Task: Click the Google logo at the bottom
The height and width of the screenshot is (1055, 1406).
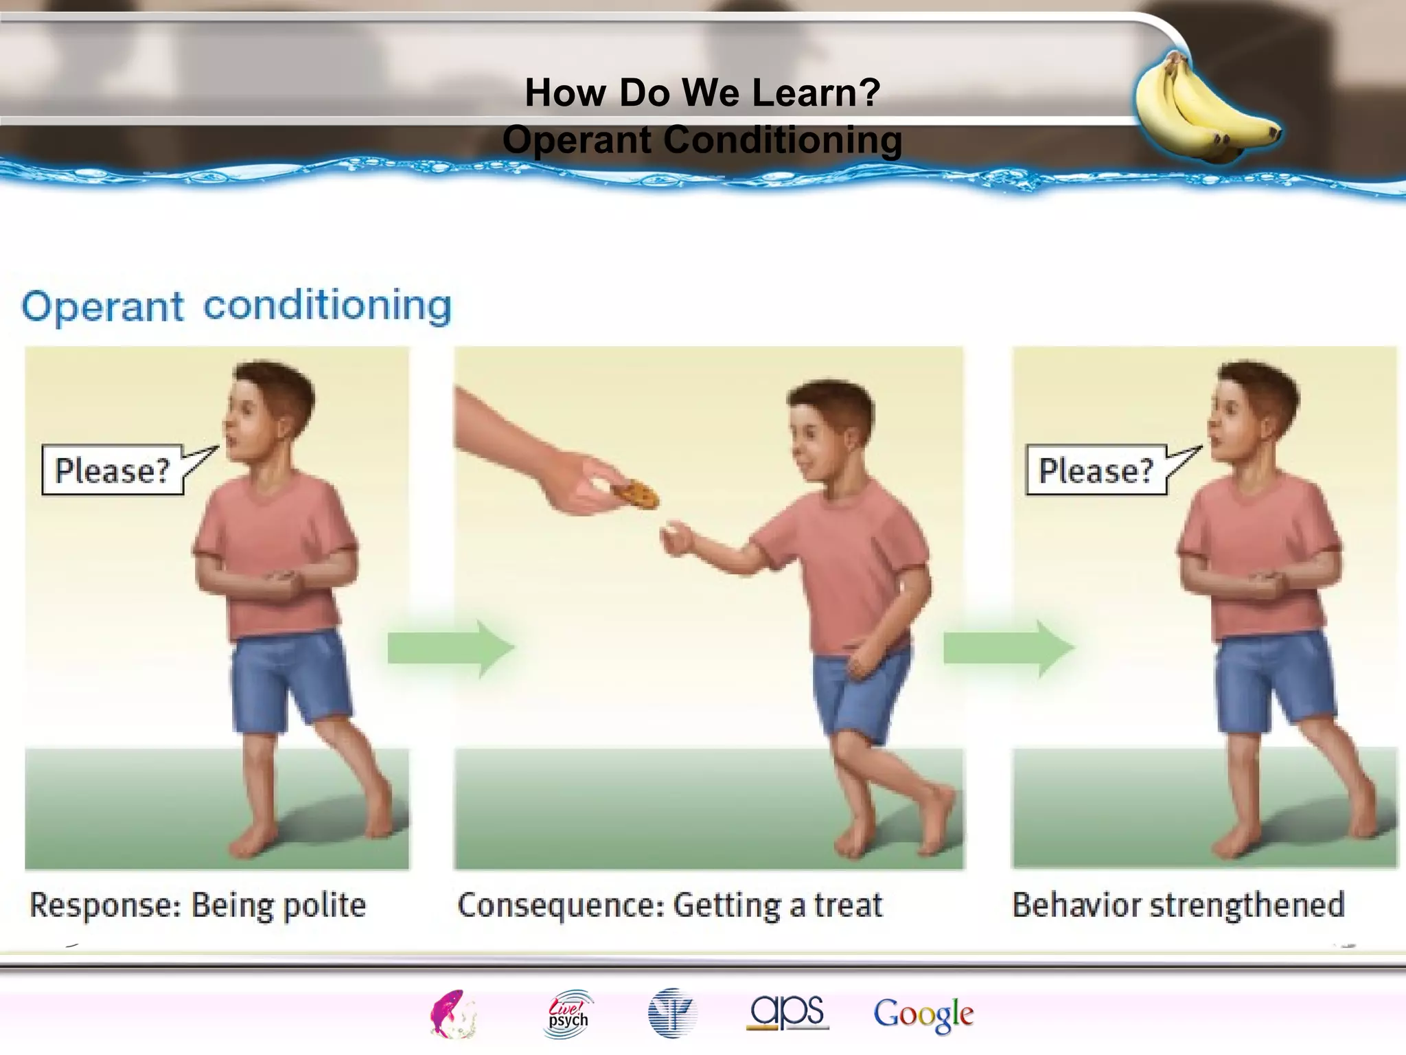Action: [923, 1014]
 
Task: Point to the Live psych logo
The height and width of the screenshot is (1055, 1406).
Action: [568, 1013]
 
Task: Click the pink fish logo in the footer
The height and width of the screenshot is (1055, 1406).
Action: [452, 1013]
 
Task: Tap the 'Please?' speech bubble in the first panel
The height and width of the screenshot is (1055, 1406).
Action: [112, 470]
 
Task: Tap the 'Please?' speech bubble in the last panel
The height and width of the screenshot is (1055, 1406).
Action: [1096, 470]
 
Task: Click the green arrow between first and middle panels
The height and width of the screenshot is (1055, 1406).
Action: [450, 648]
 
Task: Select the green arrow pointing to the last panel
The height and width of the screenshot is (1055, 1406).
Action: [1007, 648]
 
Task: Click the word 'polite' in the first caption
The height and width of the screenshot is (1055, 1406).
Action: [324, 905]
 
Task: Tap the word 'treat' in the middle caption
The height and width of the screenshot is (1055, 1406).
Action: [848, 905]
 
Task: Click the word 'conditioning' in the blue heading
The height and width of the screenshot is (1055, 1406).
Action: [327, 306]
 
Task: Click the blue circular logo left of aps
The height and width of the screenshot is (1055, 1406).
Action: [671, 1013]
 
